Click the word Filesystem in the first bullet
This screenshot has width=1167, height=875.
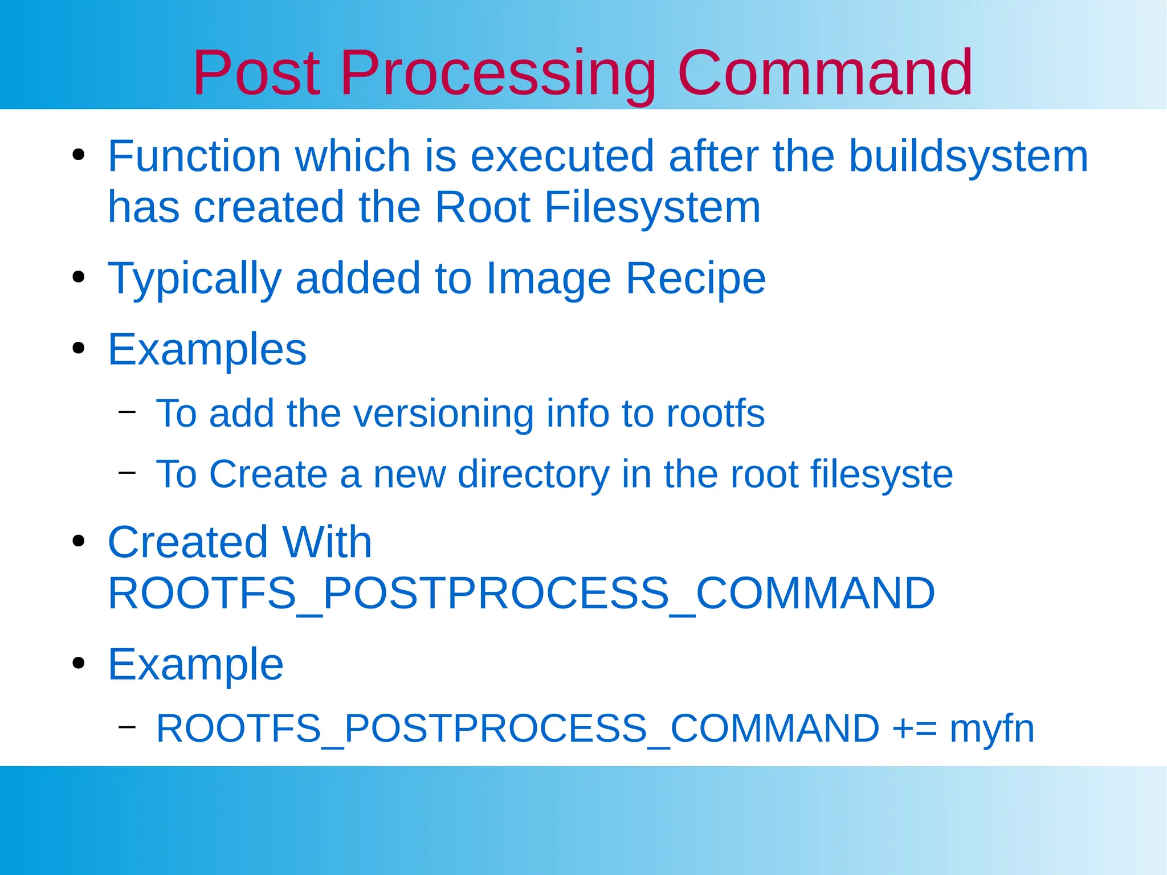[652, 207]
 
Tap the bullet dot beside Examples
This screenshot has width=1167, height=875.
[79, 349]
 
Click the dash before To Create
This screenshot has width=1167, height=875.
[127, 472]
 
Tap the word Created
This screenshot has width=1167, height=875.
[188, 542]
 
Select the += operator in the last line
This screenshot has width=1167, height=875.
[915, 729]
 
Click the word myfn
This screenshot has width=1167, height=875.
[991, 729]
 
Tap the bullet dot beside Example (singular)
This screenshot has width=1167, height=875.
[79, 663]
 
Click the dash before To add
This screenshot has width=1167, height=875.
[127, 411]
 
